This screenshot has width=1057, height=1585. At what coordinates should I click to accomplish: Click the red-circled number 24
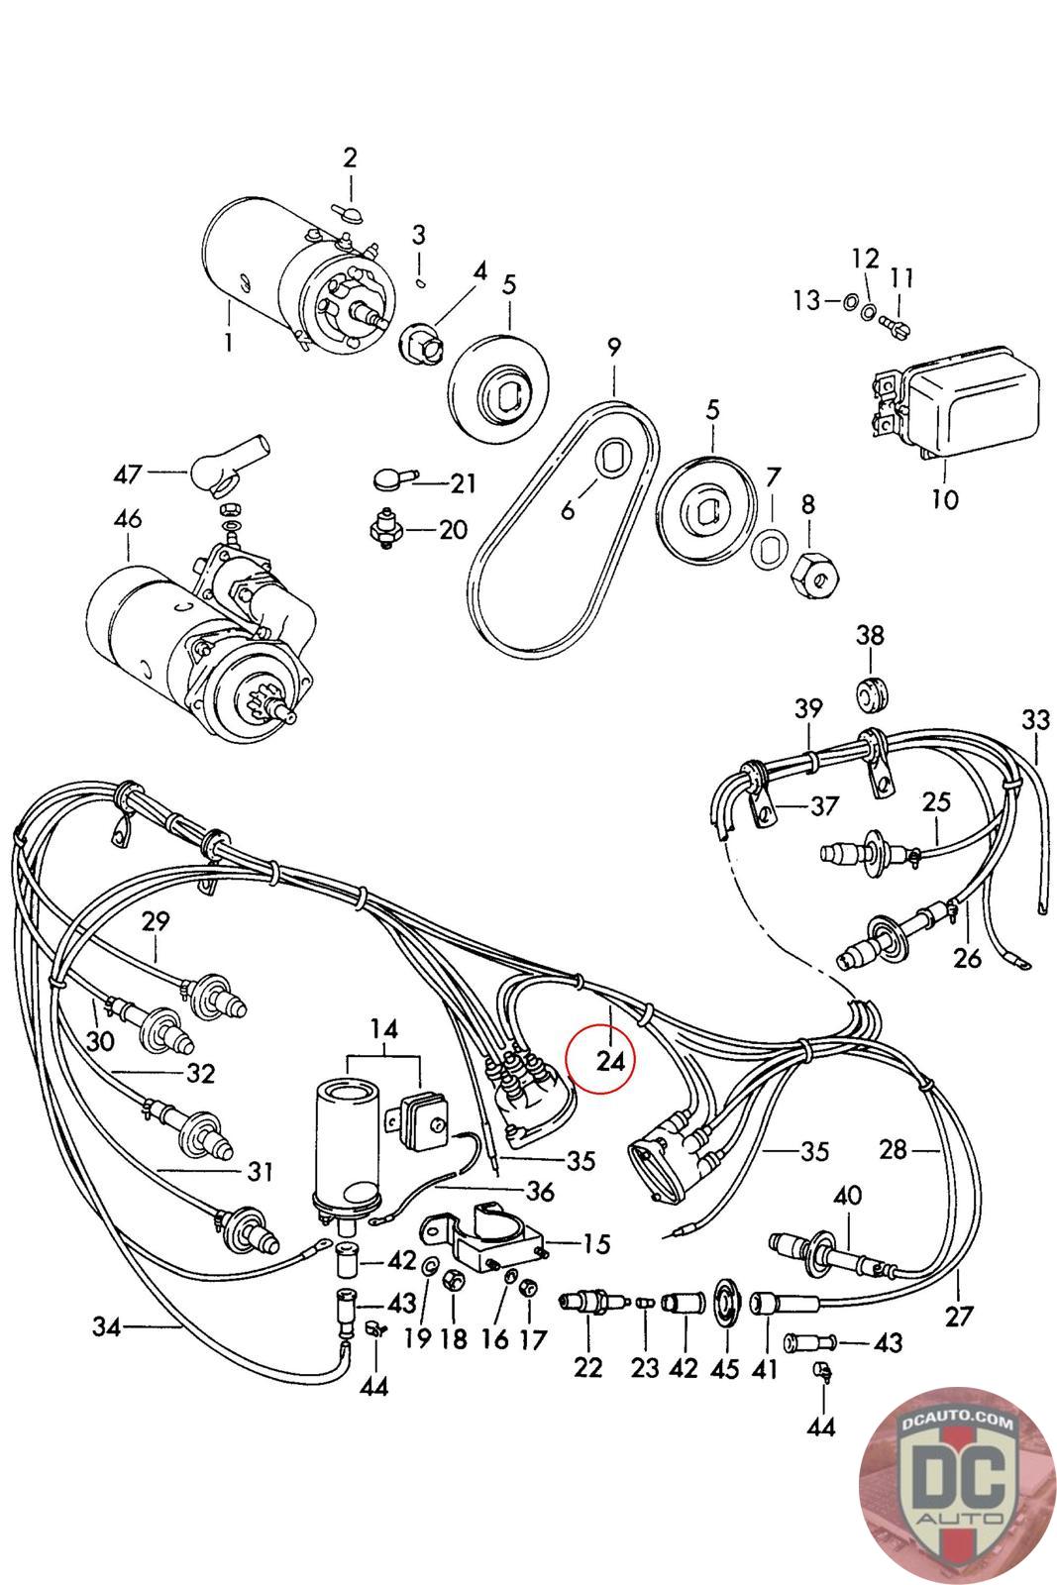[x=610, y=1061]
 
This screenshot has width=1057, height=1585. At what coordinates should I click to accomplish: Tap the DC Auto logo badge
[x=957, y=1484]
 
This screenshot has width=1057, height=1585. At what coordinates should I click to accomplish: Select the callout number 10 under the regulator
[x=944, y=499]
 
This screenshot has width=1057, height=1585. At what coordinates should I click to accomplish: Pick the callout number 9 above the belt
[x=613, y=348]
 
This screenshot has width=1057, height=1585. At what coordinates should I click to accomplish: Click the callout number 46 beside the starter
[x=128, y=519]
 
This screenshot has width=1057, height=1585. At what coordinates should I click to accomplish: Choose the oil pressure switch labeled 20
[x=387, y=528]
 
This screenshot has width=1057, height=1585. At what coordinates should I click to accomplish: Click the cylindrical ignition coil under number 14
[x=346, y=1153]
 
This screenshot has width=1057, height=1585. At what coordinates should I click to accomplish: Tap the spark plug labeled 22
[x=592, y=1299]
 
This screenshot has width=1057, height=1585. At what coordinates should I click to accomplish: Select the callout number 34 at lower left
[x=107, y=1326]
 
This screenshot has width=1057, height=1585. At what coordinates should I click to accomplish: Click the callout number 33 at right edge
[x=1036, y=720]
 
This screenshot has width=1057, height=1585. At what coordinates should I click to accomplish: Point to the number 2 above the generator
[x=351, y=158]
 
